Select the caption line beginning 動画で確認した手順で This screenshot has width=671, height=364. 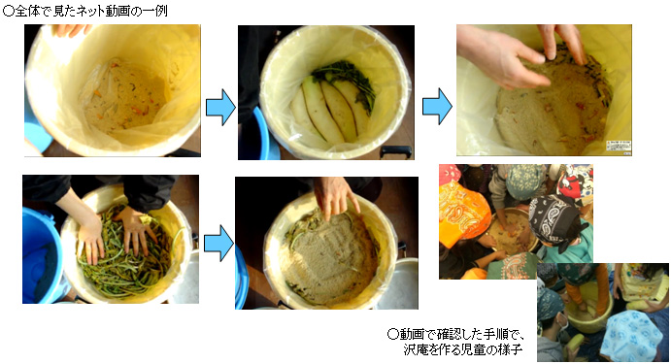click(x=456, y=334)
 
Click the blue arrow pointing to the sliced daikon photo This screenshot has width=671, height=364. click(x=220, y=107)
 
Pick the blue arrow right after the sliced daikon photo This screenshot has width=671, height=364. click(x=437, y=107)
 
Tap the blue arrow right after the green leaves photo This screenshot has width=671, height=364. click(x=218, y=243)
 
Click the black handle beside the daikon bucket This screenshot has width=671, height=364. click(x=396, y=151)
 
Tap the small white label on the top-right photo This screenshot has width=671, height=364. click(x=619, y=146)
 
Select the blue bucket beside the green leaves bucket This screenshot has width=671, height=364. click(x=42, y=255)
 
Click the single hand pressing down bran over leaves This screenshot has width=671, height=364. click(x=335, y=197)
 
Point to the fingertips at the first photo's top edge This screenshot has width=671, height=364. click(x=72, y=29)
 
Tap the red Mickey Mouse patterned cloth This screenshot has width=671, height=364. click(x=575, y=182)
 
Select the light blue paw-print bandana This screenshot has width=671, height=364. click(x=631, y=337)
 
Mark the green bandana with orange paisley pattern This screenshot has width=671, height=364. click(x=513, y=266)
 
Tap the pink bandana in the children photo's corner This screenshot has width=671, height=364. click(x=450, y=173)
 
